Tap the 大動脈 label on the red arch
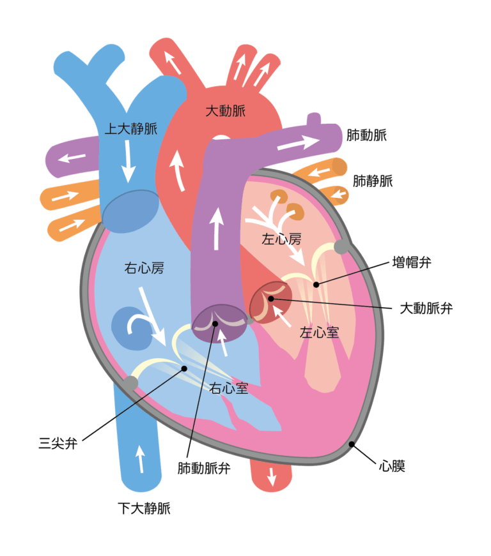click(x=225, y=110)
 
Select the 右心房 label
click(x=144, y=268)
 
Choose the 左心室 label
click(x=319, y=332)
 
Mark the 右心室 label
click(x=228, y=387)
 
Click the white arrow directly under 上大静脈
click(x=129, y=160)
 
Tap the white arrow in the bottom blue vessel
click(x=140, y=458)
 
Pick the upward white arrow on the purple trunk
click(x=217, y=227)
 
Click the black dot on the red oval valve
click(x=271, y=298)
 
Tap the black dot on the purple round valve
click(x=215, y=324)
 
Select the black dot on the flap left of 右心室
click(x=184, y=368)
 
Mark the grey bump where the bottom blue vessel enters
click(x=130, y=383)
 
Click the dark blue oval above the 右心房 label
click(x=130, y=211)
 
